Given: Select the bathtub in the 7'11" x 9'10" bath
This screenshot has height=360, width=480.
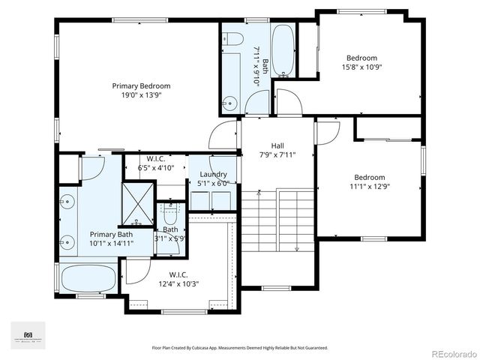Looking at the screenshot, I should pyautogui.click(x=283, y=52).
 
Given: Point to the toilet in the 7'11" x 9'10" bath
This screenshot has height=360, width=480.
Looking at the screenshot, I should pyautogui.click(x=232, y=40).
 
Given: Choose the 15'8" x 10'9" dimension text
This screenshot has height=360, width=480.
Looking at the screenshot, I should pyautogui.click(x=361, y=67).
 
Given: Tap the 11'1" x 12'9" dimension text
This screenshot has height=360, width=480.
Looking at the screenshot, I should pyautogui.click(x=370, y=187).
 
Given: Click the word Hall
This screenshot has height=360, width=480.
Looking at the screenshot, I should pyautogui.click(x=277, y=146).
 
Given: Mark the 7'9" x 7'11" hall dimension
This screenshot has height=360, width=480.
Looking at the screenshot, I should pyautogui.click(x=277, y=155).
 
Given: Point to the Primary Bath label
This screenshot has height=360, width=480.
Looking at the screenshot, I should pyautogui.click(x=111, y=233).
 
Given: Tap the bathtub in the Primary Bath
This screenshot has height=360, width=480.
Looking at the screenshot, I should pyautogui.click(x=88, y=279).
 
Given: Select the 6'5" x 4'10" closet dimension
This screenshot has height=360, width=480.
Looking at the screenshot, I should pyautogui.click(x=156, y=168).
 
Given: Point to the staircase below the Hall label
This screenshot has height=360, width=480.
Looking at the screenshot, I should pyautogui.click(x=277, y=221).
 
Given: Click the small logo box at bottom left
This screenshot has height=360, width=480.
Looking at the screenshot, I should pyautogui.click(x=28, y=334).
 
